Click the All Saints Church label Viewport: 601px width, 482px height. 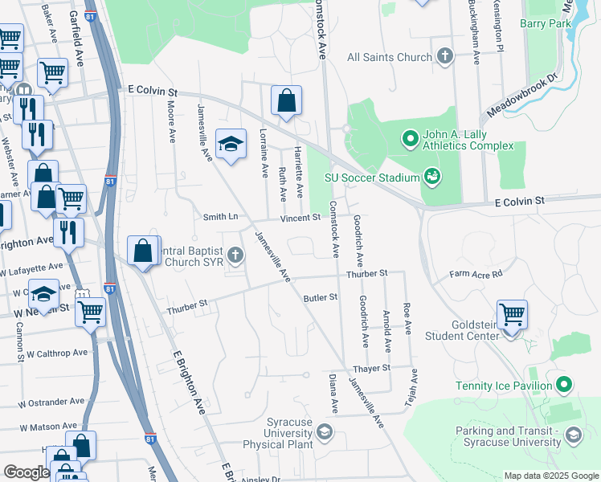390,57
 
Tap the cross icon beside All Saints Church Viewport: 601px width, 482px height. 445,56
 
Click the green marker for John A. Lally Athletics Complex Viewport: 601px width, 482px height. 411,139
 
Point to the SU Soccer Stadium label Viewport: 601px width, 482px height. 372,178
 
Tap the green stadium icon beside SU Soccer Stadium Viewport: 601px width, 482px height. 432,176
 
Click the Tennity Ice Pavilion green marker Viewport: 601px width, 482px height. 565,386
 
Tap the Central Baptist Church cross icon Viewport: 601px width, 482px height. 235,256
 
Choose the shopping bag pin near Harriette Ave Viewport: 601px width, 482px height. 286,101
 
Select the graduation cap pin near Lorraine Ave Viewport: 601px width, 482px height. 231,144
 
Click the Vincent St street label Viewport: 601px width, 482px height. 300,219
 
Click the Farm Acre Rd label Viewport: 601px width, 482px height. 476,274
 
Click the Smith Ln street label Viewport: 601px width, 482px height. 221,217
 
